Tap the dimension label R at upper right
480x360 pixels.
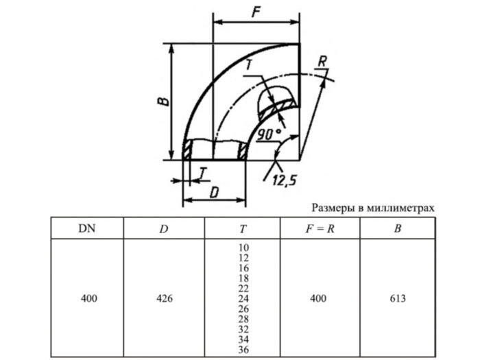(x=322, y=61)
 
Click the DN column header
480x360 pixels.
(x=87, y=228)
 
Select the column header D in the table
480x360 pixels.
(x=163, y=228)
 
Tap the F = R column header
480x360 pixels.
(x=319, y=228)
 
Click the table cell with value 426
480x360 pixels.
(x=163, y=298)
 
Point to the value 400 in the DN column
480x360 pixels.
(x=87, y=298)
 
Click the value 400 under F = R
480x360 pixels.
(x=319, y=298)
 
